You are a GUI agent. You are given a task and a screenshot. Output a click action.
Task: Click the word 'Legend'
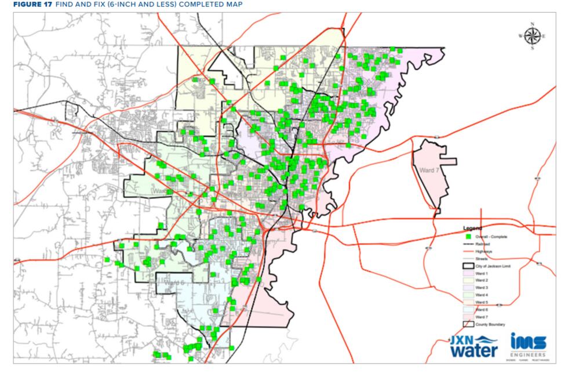473,228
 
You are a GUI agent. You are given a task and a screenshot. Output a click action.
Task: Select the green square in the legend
467,237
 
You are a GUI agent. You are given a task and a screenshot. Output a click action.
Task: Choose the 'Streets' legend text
482,259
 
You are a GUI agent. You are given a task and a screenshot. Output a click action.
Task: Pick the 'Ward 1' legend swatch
467,273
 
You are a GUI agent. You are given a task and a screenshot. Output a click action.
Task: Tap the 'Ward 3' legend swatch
467,288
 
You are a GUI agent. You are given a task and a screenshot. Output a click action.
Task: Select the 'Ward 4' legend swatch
467,295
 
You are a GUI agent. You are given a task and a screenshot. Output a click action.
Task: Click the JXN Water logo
474,346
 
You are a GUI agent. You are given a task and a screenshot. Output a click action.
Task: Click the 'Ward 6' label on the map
173,283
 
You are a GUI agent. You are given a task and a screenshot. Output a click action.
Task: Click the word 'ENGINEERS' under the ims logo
528,354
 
